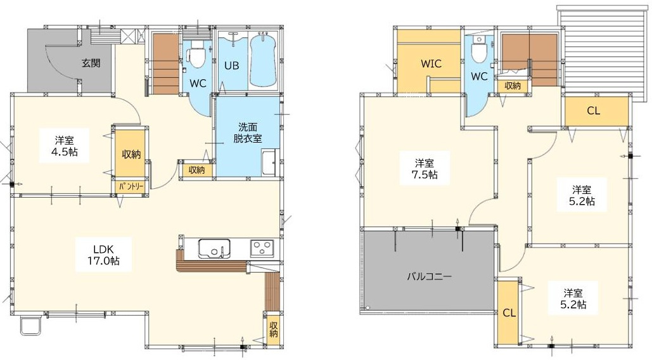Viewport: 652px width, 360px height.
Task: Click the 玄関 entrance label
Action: (x=91, y=63)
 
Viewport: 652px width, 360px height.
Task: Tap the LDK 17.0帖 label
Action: (x=103, y=255)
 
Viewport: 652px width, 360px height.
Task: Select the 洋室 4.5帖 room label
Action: (x=65, y=146)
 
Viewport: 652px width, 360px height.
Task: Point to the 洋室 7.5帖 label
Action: (x=425, y=168)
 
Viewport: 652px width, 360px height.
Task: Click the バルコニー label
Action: (x=429, y=276)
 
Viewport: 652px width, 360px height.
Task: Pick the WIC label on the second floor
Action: (x=431, y=64)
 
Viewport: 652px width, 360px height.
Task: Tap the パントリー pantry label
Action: (x=131, y=186)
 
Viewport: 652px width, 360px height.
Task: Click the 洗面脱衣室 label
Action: (x=247, y=132)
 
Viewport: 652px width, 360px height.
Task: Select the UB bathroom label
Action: (x=232, y=66)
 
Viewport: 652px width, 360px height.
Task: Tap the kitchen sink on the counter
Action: (x=214, y=248)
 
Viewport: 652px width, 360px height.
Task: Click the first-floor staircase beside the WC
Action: (x=166, y=63)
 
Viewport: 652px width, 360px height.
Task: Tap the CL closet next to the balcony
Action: (x=508, y=312)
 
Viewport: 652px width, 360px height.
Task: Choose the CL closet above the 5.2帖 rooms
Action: (x=596, y=111)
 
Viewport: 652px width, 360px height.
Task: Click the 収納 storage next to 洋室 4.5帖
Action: (x=131, y=154)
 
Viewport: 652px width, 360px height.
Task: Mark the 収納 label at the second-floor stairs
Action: (x=513, y=86)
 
